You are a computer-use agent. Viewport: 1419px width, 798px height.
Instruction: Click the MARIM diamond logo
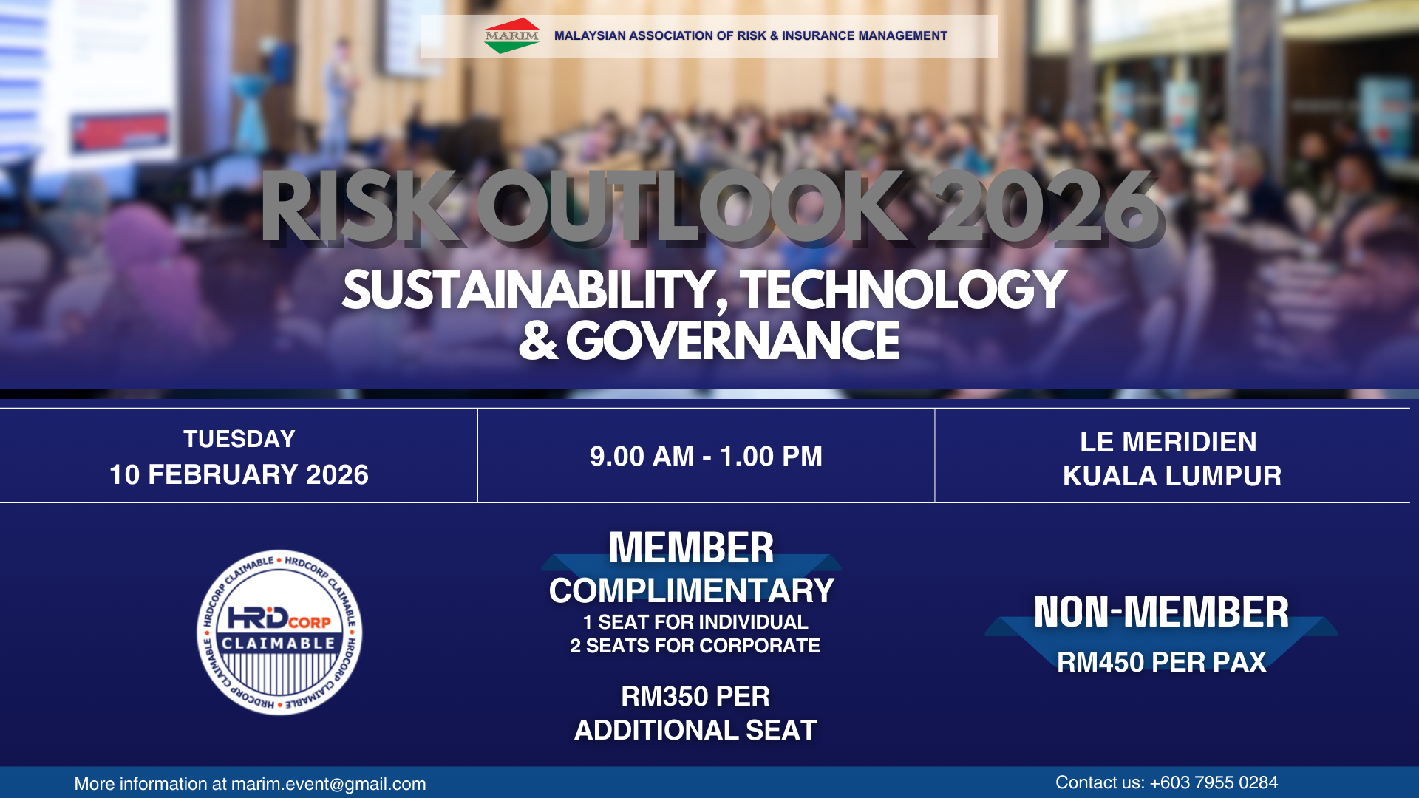[511, 35]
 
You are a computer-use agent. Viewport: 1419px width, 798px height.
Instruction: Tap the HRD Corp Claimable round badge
[279, 632]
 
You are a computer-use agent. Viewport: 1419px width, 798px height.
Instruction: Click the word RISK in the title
[359, 208]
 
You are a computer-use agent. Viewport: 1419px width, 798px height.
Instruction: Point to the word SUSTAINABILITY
[530, 290]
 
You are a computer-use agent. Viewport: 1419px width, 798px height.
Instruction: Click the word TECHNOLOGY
[903, 290]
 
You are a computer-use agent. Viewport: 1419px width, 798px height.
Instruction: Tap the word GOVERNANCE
[732, 341]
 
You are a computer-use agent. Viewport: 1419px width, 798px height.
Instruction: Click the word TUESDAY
[239, 439]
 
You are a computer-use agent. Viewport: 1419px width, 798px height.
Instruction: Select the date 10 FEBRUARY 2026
[239, 474]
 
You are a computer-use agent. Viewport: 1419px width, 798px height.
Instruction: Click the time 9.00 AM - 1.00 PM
[706, 456]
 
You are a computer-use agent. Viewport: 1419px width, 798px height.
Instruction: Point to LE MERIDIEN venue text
[1168, 442]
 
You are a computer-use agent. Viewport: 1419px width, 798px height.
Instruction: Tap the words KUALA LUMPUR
[1172, 476]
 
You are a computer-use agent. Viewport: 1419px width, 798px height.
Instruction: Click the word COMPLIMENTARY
[691, 590]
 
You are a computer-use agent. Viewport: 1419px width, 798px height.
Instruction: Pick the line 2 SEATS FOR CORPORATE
[695, 646]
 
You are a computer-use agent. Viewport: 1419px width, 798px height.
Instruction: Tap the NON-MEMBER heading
[1161, 612]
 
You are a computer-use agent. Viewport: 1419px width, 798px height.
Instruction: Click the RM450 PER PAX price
[1161, 662]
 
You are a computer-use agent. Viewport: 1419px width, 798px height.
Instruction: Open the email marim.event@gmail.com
[328, 784]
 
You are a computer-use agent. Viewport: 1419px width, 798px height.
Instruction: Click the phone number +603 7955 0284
[1214, 782]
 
